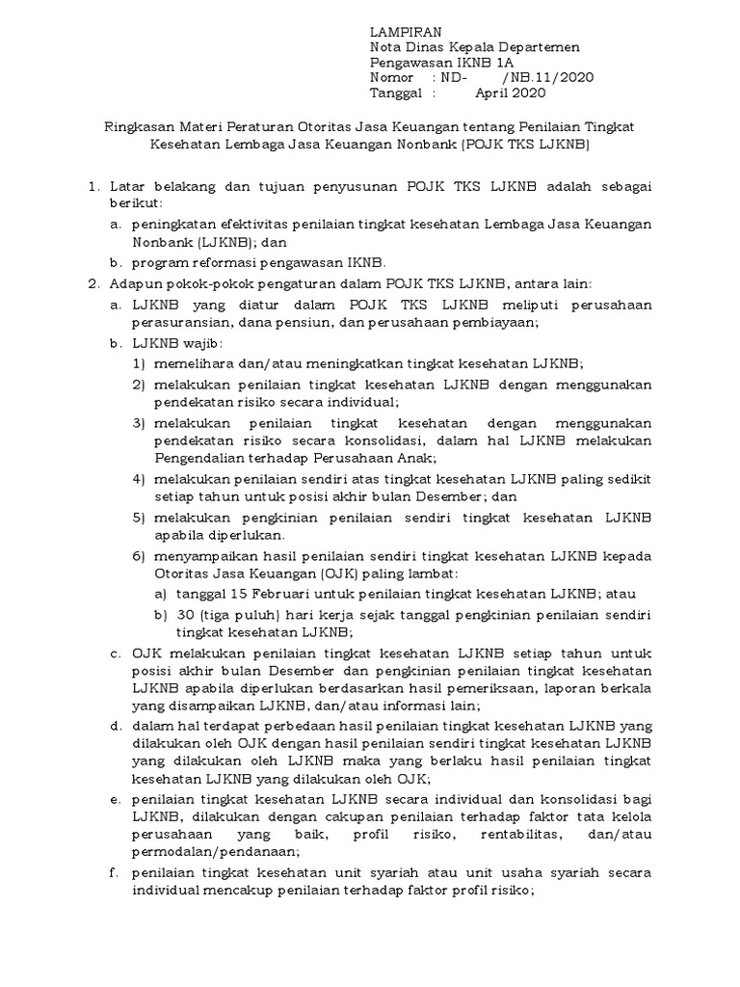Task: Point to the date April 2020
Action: (511, 93)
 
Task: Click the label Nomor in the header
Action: (392, 77)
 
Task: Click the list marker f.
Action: (114, 872)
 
